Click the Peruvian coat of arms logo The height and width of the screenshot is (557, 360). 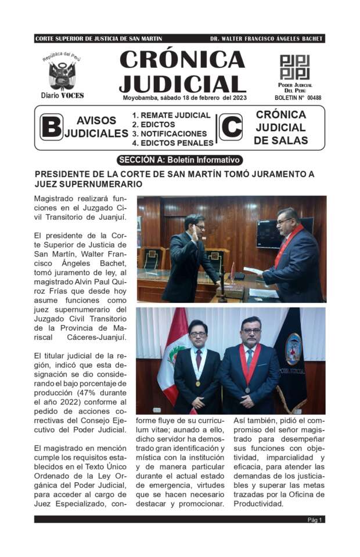click(62, 74)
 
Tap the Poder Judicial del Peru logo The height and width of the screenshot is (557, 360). click(294, 67)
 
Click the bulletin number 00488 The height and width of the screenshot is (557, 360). click(314, 98)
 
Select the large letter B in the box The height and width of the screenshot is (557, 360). click(51, 127)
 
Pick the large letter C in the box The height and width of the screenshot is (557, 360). click(231, 127)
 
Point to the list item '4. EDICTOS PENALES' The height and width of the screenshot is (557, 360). click(172, 143)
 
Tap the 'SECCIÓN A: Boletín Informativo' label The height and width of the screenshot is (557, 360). click(179, 160)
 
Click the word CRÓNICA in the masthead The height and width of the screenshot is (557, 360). click(182, 60)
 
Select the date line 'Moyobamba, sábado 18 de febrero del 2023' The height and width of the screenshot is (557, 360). click(184, 97)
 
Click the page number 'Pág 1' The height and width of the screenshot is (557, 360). click(315, 519)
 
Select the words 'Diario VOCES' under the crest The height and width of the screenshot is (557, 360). click(62, 96)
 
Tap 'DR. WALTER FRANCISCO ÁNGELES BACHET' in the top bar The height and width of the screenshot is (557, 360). click(267, 39)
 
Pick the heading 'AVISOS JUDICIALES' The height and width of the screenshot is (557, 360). click(96, 127)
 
